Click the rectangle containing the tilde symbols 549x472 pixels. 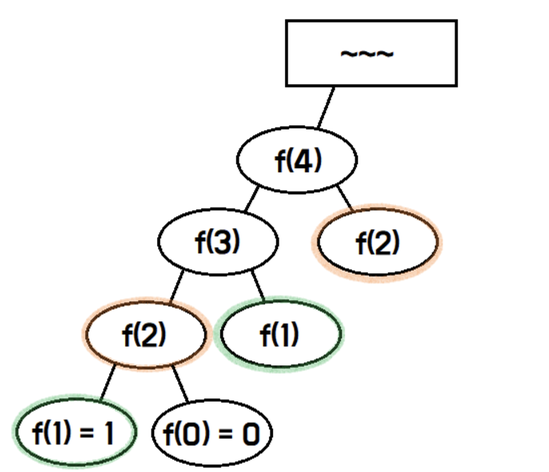(371, 53)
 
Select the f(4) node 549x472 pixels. (297, 161)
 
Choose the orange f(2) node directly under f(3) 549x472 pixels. (145, 335)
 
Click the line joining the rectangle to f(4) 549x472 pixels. (325, 107)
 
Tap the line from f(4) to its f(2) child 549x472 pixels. (345, 198)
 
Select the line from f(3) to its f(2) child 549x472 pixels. (176, 285)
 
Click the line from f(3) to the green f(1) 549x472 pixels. (259, 285)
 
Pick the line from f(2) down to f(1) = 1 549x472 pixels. (107, 382)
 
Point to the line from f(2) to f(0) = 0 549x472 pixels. (181, 382)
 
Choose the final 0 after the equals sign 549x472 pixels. (250, 435)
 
